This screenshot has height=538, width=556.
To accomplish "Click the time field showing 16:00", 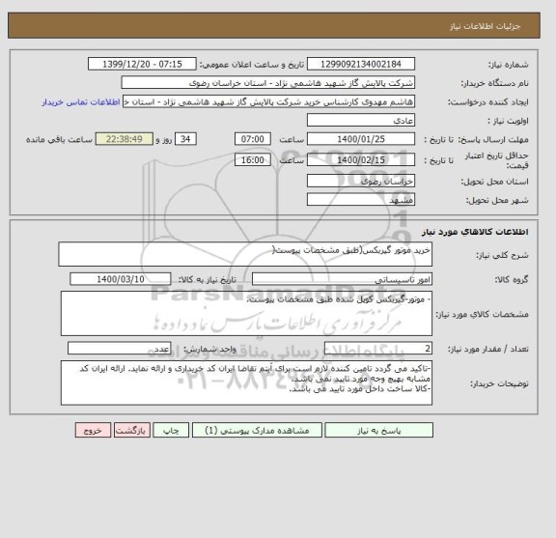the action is [x=254, y=159].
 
